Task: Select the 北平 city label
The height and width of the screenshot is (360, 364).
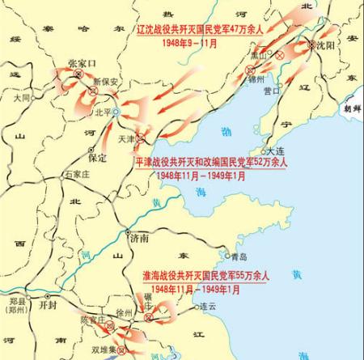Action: pos(103,111)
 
